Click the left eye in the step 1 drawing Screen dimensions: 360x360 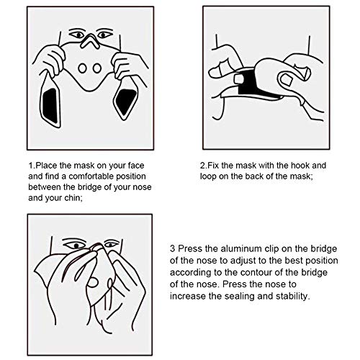coord(78,35)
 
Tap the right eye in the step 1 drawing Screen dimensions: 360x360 coord(104,35)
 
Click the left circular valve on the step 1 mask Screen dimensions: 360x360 coord(82,68)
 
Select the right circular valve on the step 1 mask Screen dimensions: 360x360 coord(97,68)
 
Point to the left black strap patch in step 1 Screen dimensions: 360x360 coord(50,106)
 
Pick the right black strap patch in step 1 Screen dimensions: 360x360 coord(125,102)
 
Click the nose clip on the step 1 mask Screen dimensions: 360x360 coord(90,41)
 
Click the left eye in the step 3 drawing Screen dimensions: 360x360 coord(76,246)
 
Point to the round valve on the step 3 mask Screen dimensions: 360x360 coord(93,282)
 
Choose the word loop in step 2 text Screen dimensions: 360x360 coord(208,176)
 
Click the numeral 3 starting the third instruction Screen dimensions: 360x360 coord(173,248)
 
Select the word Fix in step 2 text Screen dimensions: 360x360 coord(213,166)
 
